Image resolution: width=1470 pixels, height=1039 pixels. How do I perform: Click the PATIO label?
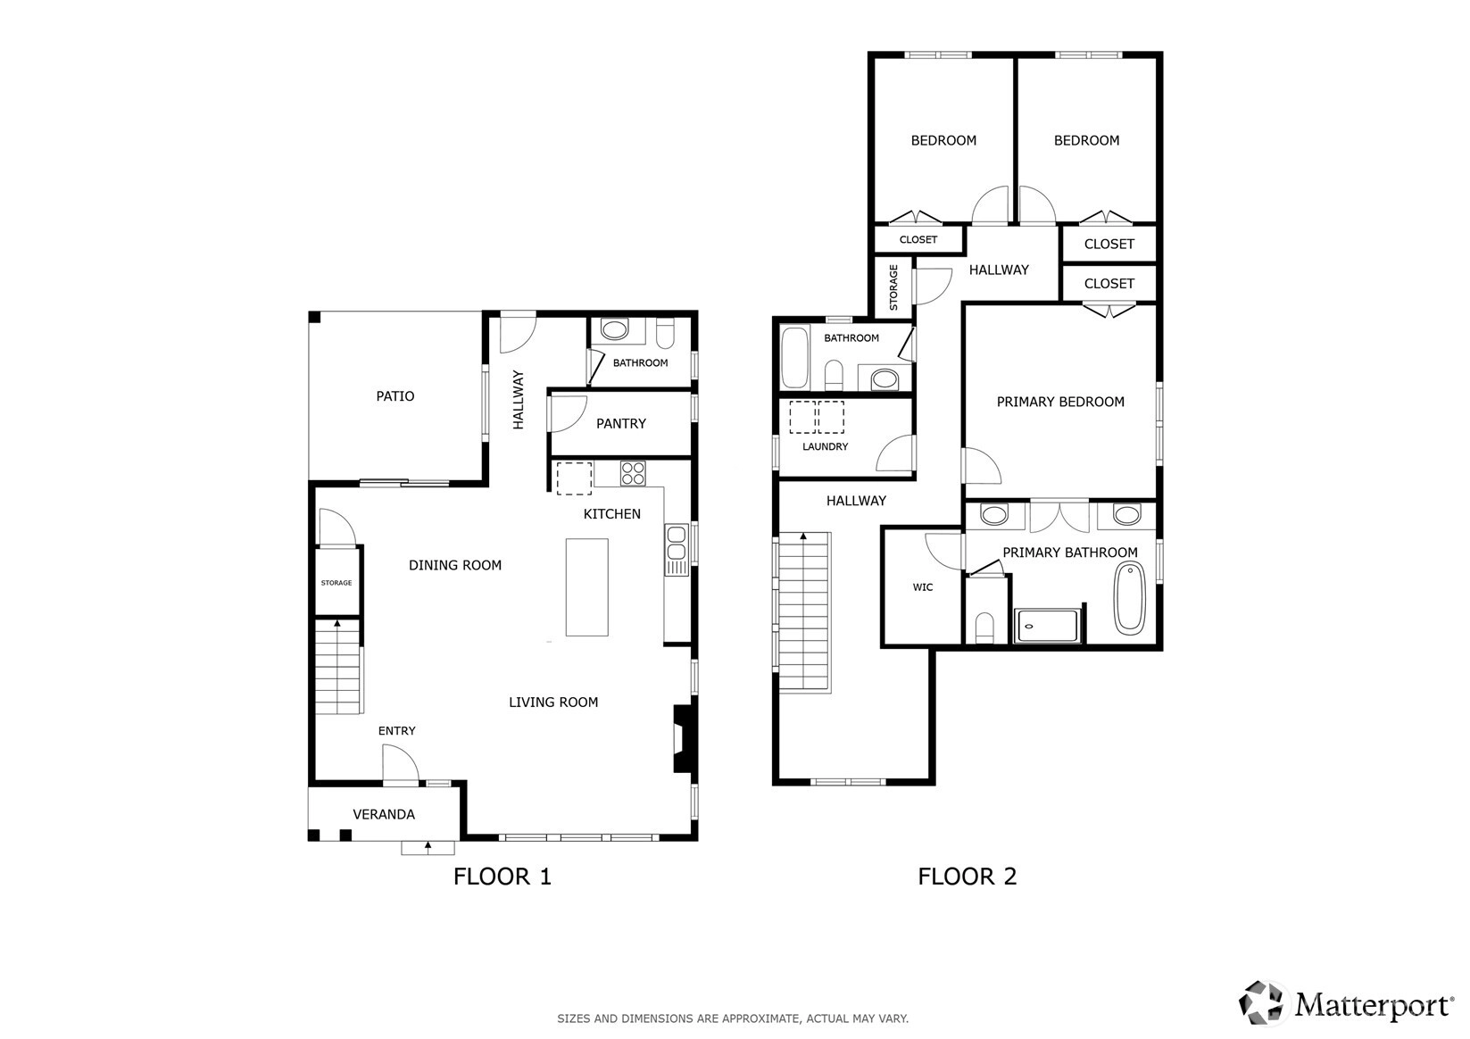coord(395,396)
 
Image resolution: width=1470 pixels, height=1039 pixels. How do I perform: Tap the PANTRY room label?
coord(621,424)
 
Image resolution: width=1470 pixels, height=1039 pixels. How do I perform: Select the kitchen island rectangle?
coord(586,587)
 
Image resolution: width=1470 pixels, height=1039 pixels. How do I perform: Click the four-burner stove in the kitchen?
coord(633,473)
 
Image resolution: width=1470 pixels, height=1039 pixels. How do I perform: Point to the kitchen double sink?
coord(676,550)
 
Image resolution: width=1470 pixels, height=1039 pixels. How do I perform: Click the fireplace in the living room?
coord(682,738)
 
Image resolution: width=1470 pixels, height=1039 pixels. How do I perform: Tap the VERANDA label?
coord(384,815)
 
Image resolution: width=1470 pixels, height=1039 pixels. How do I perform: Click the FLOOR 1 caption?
coord(502,877)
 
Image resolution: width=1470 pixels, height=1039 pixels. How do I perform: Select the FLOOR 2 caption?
coord(968,877)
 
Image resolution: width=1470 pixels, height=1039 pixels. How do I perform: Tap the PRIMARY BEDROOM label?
coord(1060,403)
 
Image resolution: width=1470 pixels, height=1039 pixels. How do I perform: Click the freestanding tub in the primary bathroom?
coord(1129,598)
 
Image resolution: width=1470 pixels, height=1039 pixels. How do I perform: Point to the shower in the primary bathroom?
coord(1047,626)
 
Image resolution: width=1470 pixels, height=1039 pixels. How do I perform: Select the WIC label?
coord(923,587)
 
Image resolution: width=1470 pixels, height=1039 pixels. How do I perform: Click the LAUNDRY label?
coord(825,447)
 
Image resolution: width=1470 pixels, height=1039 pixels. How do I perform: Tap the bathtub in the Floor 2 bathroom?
coord(794,358)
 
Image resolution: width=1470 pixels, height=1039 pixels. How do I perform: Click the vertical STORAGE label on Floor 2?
coord(893,287)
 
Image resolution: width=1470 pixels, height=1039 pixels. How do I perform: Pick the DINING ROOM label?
coord(455,565)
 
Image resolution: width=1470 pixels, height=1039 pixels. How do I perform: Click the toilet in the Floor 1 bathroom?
coord(665,334)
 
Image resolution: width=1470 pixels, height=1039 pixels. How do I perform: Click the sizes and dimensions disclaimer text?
coord(733,1018)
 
